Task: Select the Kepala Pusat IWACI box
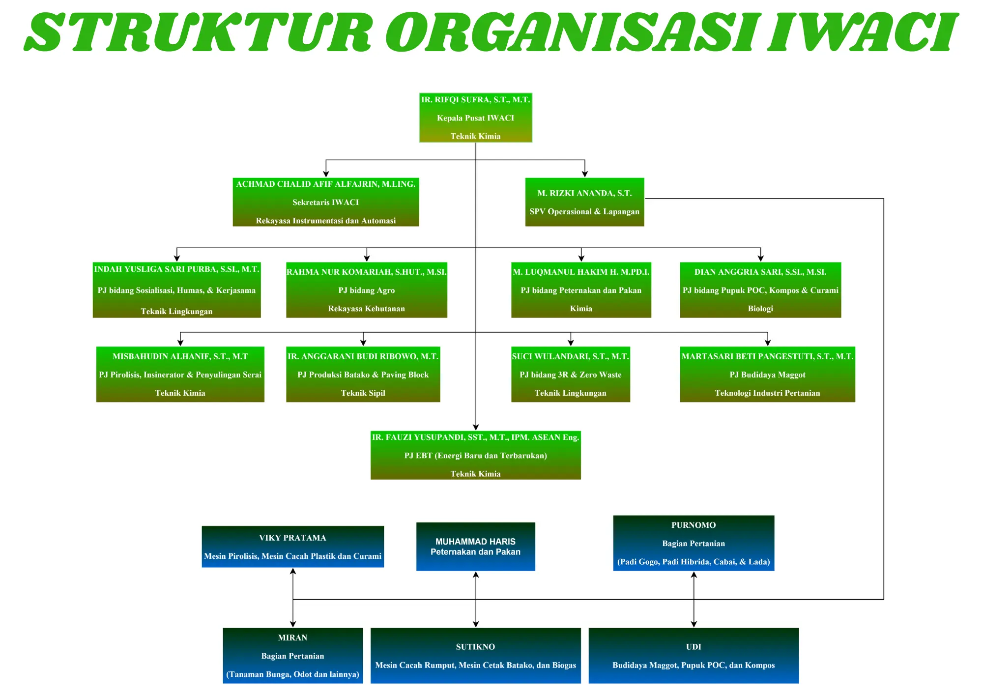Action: (x=476, y=118)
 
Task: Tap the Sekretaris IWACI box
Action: (x=326, y=202)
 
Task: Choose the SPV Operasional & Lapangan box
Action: (x=584, y=202)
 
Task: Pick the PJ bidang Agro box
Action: (x=367, y=290)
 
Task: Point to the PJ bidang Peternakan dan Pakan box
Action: (x=581, y=290)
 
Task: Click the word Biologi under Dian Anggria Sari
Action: (x=760, y=309)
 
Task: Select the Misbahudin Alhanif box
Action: (x=180, y=375)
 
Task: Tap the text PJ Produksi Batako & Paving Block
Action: (x=363, y=375)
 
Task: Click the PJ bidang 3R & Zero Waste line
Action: (x=571, y=375)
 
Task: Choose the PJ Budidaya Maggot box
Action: (x=768, y=375)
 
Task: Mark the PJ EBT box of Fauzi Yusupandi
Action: (x=476, y=455)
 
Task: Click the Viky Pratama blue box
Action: (x=293, y=547)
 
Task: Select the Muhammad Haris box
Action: (x=476, y=547)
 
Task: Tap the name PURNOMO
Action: (x=694, y=525)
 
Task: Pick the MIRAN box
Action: (x=293, y=656)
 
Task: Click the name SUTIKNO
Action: (x=475, y=647)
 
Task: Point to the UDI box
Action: (x=694, y=656)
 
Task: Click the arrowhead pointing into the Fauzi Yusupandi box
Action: (x=476, y=427)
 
